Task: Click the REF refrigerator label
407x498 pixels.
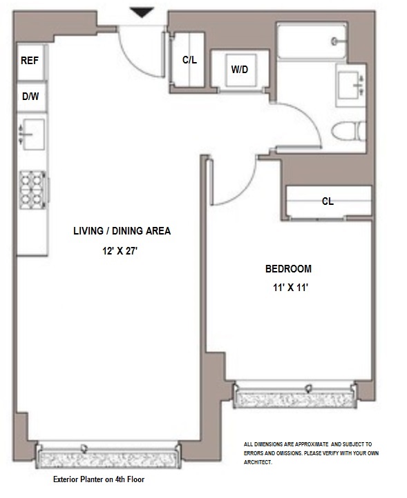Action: click(30, 60)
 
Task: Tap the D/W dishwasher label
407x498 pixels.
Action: click(30, 97)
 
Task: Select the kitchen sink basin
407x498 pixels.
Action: click(33, 135)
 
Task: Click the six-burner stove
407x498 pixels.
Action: click(32, 190)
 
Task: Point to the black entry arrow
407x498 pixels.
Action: click(142, 12)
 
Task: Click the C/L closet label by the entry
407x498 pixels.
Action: click(189, 60)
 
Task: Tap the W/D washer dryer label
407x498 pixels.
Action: click(240, 69)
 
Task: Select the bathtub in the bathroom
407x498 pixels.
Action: click(312, 41)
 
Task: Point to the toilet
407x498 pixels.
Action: click(348, 131)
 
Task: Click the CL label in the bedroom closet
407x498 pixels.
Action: click(328, 201)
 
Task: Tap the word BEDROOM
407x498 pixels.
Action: click(288, 269)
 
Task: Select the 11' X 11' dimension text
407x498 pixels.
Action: click(290, 288)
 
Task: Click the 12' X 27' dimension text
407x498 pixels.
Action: click(120, 251)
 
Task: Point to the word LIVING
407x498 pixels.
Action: click(88, 231)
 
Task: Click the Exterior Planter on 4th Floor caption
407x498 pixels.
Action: click(99, 479)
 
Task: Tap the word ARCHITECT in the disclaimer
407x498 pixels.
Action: click(258, 462)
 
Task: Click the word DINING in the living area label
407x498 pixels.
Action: click(126, 231)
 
